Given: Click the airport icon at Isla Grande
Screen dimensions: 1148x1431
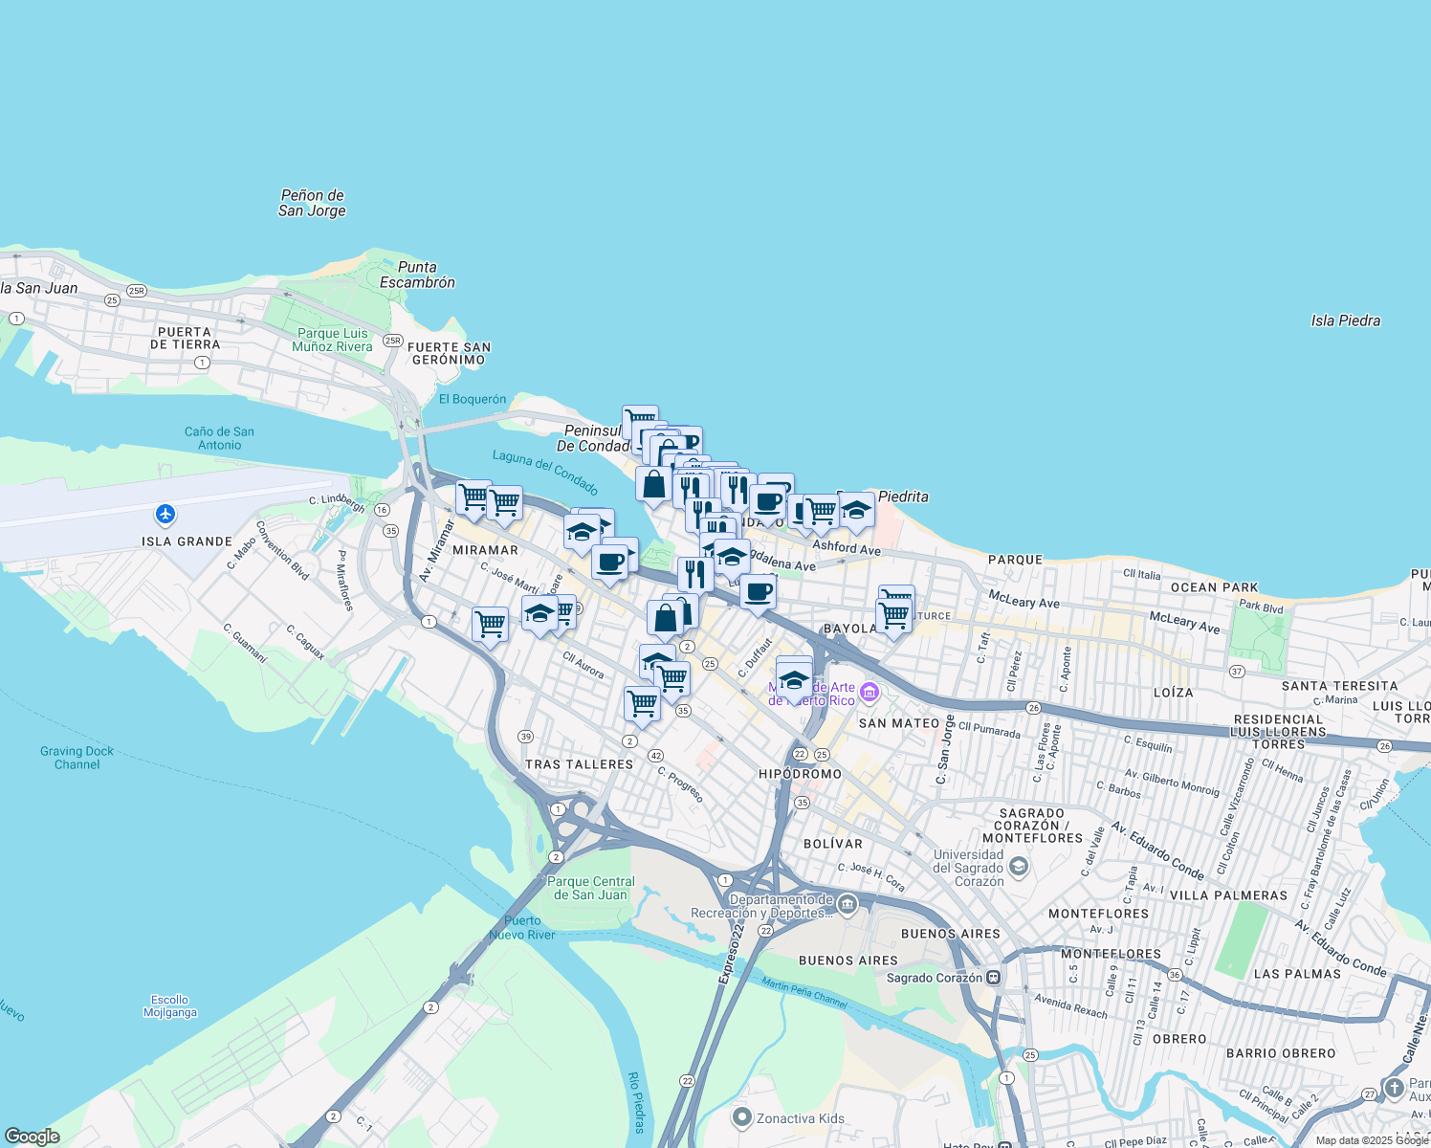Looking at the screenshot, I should click(x=165, y=515).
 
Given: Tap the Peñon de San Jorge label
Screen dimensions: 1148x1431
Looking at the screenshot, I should click(x=312, y=203).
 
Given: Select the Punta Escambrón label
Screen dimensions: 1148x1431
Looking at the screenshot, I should click(x=417, y=275).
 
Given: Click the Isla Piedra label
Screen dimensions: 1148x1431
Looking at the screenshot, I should click(x=1345, y=320).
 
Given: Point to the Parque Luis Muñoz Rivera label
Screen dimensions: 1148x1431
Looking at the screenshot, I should click(x=332, y=340).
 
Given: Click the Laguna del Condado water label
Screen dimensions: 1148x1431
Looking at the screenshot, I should click(x=545, y=472).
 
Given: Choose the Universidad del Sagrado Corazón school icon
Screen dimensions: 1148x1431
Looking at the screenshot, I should click(x=1019, y=868).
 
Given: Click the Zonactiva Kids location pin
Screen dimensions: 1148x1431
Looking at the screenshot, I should click(x=741, y=1117).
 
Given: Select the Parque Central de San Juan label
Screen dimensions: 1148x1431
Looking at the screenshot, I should click(x=591, y=888).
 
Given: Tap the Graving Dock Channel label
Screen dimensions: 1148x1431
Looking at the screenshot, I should click(x=77, y=758).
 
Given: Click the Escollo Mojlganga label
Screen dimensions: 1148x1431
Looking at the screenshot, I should click(x=170, y=1005).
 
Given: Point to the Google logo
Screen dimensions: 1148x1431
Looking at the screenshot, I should click(x=33, y=1137).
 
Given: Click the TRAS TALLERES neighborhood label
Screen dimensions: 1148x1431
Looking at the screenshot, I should click(x=579, y=764).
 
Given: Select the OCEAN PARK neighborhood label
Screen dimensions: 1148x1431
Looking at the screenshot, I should click(x=1214, y=587).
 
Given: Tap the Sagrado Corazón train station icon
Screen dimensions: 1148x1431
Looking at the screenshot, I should click(x=994, y=978).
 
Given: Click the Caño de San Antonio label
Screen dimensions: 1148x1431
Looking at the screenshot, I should click(x=219, y=438).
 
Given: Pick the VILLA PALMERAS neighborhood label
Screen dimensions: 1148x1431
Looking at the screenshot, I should click(x=1228, y=895).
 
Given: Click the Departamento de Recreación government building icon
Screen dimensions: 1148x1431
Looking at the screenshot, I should click(x=848, y=904).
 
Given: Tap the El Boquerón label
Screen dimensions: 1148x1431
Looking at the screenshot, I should click(x=473, y=399).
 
